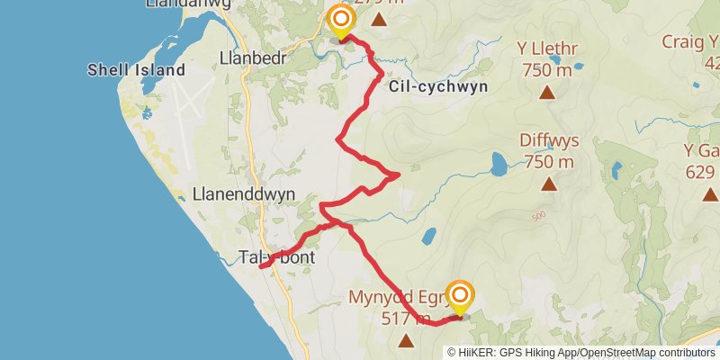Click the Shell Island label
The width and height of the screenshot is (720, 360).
point(136,70)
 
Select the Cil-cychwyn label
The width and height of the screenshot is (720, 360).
point(438,87)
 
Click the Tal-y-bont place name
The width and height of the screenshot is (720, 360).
point(277,256)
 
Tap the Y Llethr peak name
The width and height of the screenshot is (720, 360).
point(546,49)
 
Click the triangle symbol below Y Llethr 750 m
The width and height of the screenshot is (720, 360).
point(546,92)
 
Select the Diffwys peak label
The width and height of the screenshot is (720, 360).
point(548,141)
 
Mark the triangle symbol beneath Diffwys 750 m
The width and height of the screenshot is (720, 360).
point(549,184)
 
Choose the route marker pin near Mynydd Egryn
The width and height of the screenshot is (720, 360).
point(461,297)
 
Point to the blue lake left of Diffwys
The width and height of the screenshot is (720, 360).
point(498,164)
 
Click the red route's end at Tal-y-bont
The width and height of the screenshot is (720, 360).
point(261,266)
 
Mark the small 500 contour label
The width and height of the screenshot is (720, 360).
point(539,216)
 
